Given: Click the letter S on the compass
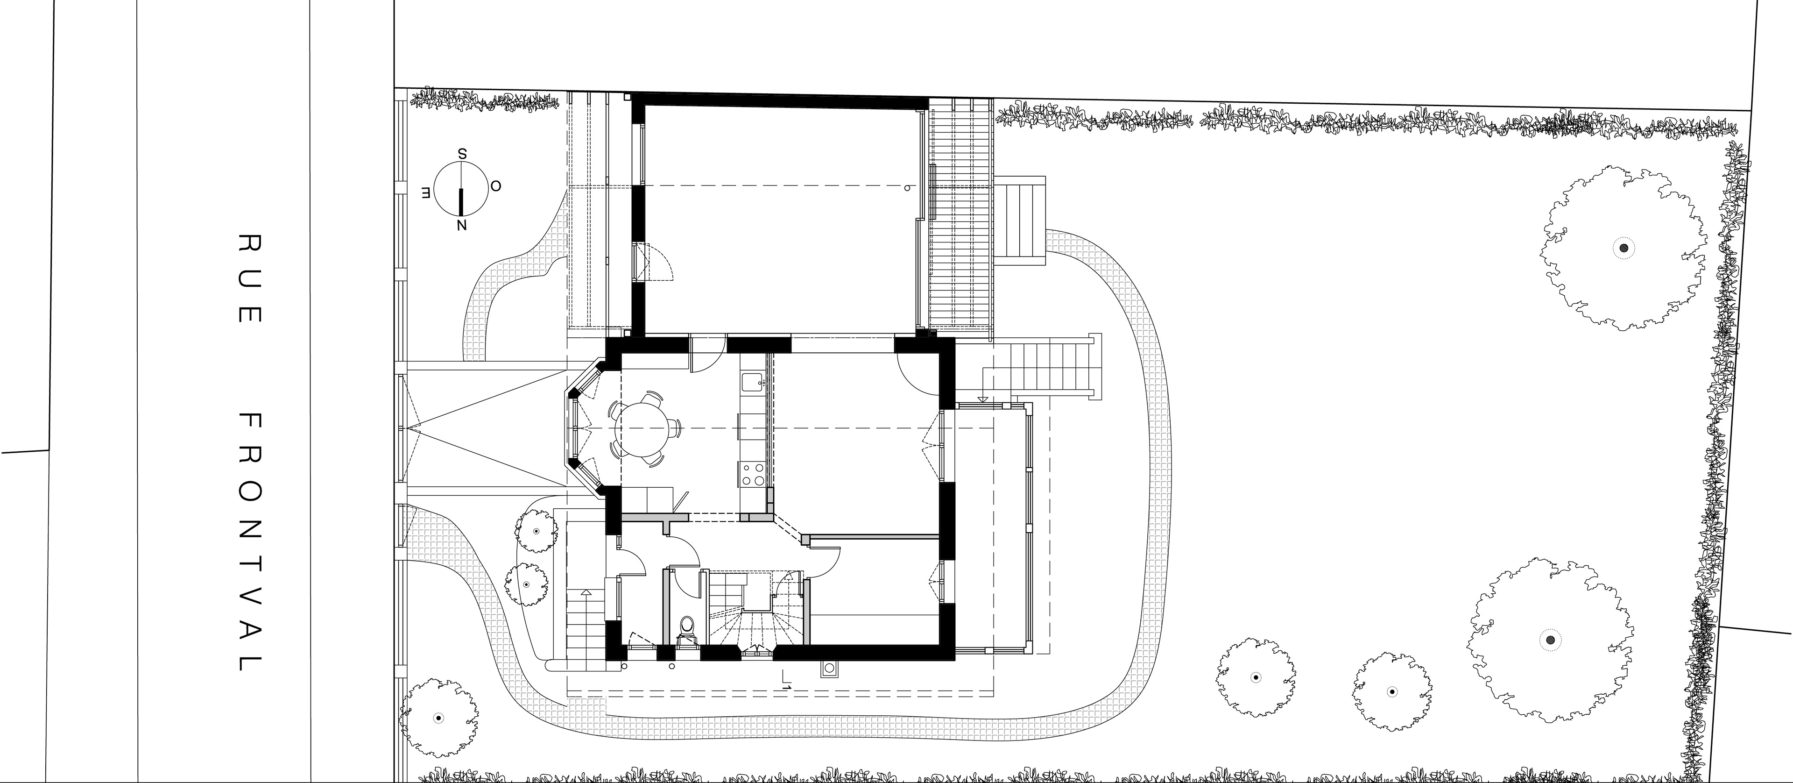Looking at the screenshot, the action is click(461, 154).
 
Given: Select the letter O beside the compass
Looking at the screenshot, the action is click(495, 186).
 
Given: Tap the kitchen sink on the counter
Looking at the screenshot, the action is click(753, 381).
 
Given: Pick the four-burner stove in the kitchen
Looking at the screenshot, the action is click(754, 474).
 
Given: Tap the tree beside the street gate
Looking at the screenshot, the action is click(438, 718).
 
